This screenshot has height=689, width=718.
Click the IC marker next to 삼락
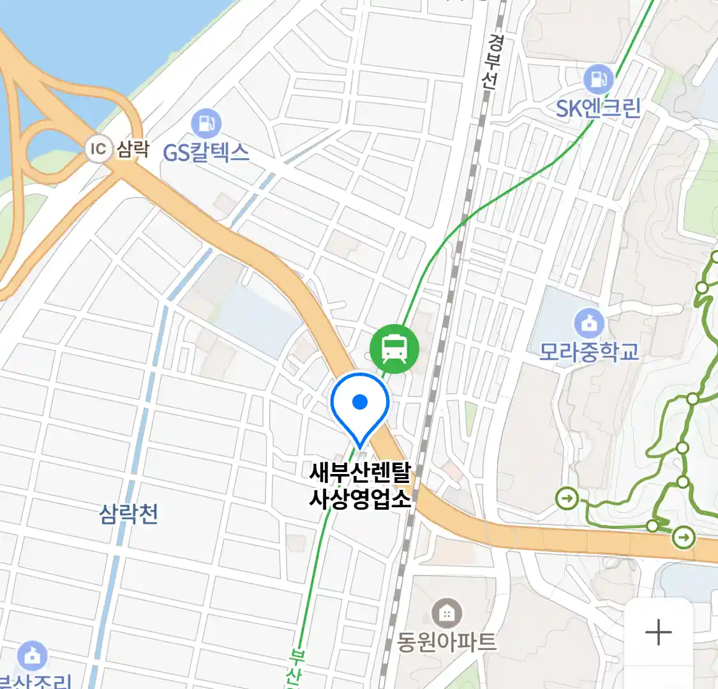click(98, 149)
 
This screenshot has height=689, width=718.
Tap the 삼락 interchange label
click(133, 149)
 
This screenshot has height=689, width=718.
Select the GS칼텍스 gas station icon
click(206, 123)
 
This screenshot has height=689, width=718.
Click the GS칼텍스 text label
click(206, 152)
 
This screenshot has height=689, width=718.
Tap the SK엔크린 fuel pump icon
click(598, 79)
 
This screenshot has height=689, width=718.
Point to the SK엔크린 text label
click(598, 108)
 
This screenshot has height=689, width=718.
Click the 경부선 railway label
click(493, 61)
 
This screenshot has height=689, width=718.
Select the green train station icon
click(394, 348)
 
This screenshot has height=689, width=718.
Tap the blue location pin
click(360, 406)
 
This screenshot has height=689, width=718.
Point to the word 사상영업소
click(361, 498)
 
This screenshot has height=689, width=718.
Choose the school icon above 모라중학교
click(588, 323)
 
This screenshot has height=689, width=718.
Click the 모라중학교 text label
click(588, 352)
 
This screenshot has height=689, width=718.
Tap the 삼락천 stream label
click(129, 514)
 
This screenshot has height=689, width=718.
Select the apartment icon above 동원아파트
click(447, 613)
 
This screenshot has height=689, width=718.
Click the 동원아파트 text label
click(447, 641)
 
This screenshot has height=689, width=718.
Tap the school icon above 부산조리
click(32, 655)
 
